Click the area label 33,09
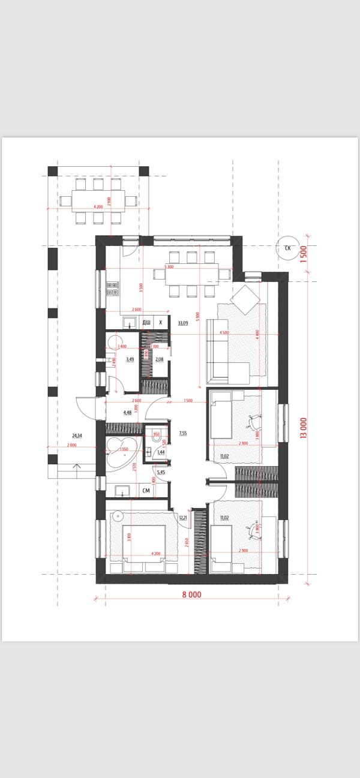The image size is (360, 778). click(183, 323)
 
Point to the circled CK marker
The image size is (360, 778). click(287, 247)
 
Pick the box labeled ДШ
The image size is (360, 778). click(146, 323)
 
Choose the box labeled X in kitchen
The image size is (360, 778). click(161, 323)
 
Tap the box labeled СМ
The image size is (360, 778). click(146, 491)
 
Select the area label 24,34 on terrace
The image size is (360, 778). click(76, 435)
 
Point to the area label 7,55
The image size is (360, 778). click(184, 432)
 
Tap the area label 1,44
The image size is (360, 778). click(161, 452)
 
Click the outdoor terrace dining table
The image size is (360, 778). click(98, 200)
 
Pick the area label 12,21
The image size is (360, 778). click(184, 518)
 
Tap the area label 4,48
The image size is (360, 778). click(127, 413)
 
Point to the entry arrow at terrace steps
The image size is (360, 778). click(76, 467)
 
